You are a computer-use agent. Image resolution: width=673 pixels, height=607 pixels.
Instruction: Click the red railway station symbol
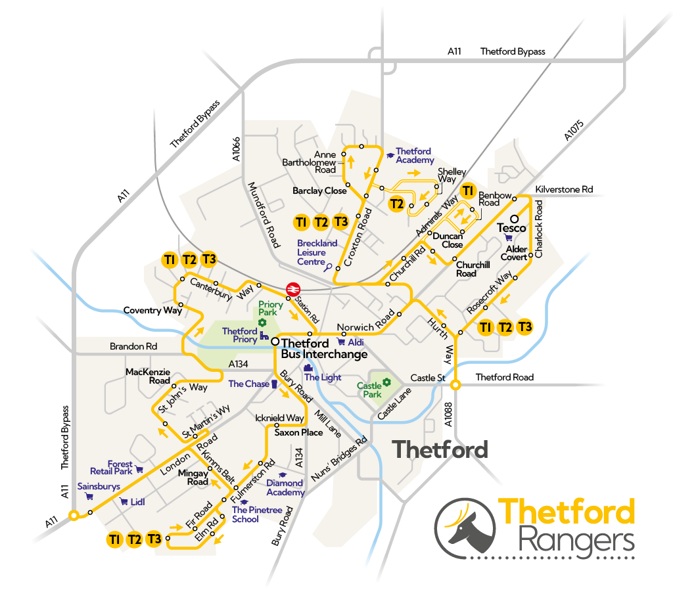pos(293,289)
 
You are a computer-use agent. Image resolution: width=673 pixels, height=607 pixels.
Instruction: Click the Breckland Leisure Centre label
pos(317,252)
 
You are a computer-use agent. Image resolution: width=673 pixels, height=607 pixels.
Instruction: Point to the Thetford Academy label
pos(415,156)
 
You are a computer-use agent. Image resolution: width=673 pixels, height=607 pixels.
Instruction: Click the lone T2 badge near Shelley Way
pos(396,204)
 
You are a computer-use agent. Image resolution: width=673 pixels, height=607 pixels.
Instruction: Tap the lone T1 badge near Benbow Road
pos(467,191)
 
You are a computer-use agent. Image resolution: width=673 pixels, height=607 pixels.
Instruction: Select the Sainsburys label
pos(99,487)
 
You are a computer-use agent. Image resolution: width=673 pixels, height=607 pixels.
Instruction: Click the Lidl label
pos(137,502)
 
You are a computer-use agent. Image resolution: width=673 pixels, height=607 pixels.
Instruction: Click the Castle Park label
pos(369,390)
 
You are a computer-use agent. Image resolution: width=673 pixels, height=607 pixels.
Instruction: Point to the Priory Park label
pos(271,308)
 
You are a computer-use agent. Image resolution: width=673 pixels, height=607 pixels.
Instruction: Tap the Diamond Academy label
pos(285,488)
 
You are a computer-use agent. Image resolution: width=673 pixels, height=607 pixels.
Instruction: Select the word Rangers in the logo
pos(576,542)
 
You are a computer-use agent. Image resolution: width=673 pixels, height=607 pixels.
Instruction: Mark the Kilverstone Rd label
pos(564,189)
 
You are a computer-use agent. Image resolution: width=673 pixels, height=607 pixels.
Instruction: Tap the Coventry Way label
pos(152,310)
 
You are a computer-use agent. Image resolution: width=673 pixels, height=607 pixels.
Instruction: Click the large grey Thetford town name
pos(440,449)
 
